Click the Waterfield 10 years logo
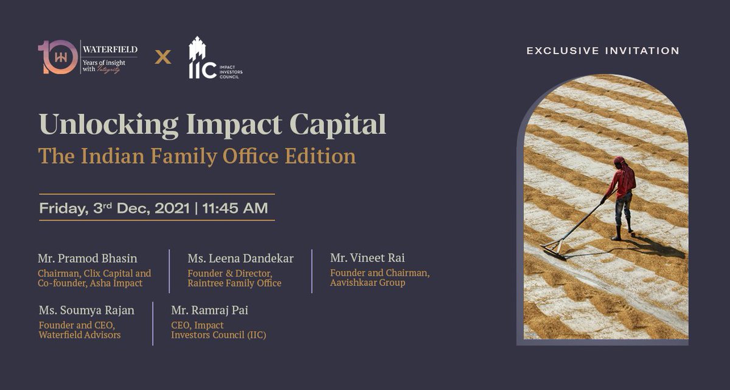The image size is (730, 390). click(87, 57)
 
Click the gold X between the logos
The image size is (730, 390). click(162, 58)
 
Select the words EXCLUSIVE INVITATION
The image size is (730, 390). click(603, 51)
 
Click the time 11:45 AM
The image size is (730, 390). click(235, 208)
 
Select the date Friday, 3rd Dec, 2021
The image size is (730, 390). click(115, 208)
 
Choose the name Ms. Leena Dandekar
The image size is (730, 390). click(240, 258)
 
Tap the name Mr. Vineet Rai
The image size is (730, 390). click(367, 258)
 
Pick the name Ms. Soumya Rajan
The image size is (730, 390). click(86, 310)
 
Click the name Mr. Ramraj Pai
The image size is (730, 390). click(210, 310)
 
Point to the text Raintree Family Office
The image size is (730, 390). click(234, 283)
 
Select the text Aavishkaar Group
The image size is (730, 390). click(367, 283)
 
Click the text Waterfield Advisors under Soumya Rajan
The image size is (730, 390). click(79, 335)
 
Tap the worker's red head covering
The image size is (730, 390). click(619, 161)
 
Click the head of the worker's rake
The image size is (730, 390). click(552, 249)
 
